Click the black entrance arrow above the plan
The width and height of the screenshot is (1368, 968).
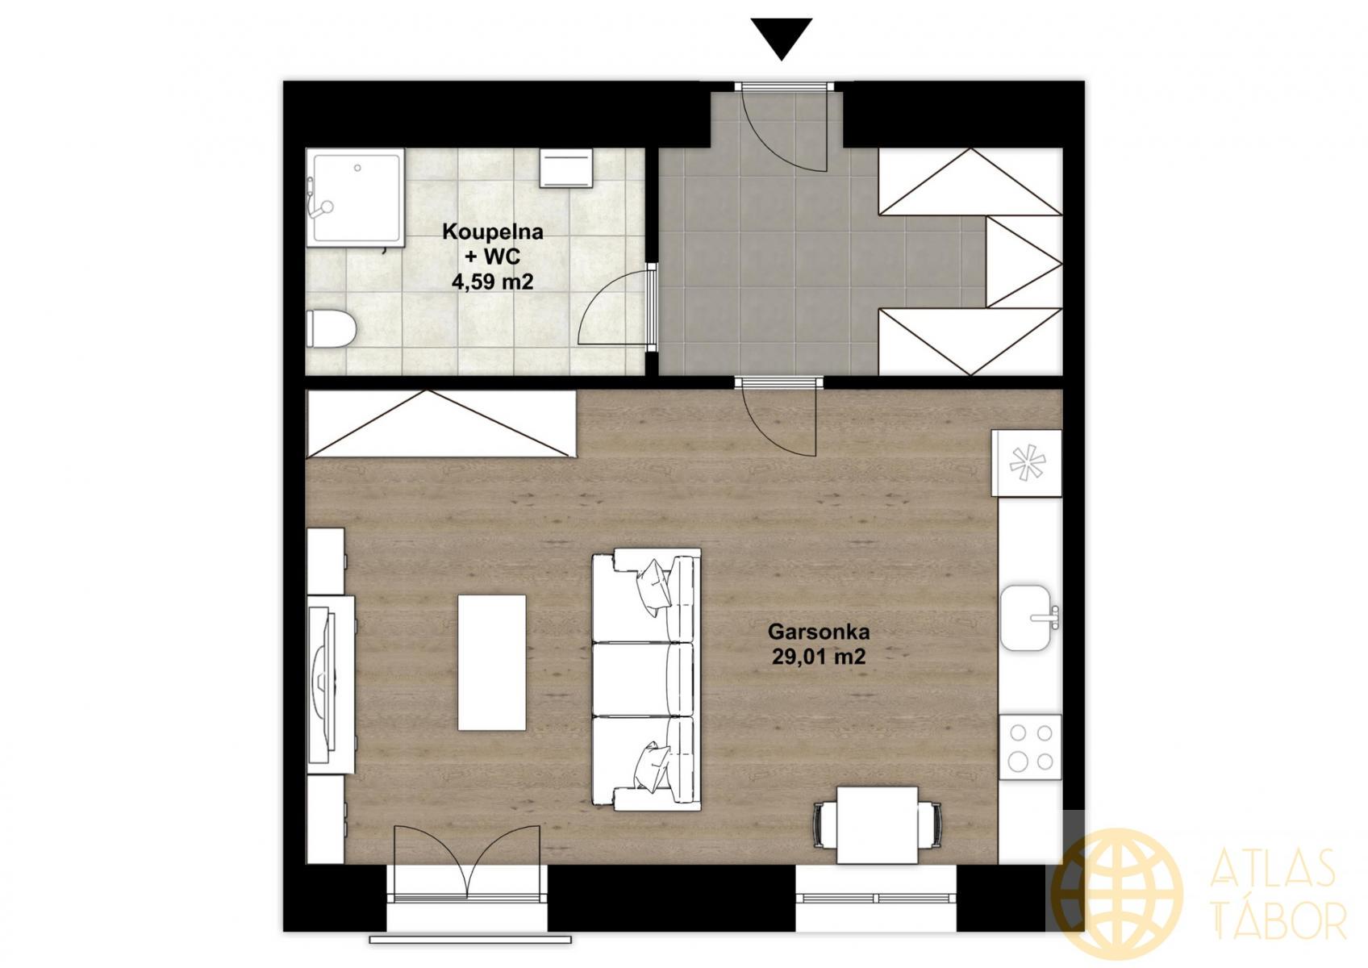(781, 39)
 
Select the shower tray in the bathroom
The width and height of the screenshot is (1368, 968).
(356, 198)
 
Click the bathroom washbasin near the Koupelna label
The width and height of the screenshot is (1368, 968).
(566, 169)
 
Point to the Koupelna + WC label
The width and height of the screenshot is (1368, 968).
(492, 244)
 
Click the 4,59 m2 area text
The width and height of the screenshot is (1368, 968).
(492, 282)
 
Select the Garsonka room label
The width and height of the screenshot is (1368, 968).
(819, 630)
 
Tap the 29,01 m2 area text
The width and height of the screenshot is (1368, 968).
(819, 657)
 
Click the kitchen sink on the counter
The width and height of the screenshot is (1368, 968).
(1030, 617)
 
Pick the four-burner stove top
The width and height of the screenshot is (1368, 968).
(1030, 746)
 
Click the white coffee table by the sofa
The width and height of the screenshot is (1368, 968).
(492, 662)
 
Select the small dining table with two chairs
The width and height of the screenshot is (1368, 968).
(877, 824)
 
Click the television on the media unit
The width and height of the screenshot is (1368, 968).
(323, 687)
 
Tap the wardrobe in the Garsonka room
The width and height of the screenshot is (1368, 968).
(441, 423)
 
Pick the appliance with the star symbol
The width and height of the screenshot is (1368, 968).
(1027, 463)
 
